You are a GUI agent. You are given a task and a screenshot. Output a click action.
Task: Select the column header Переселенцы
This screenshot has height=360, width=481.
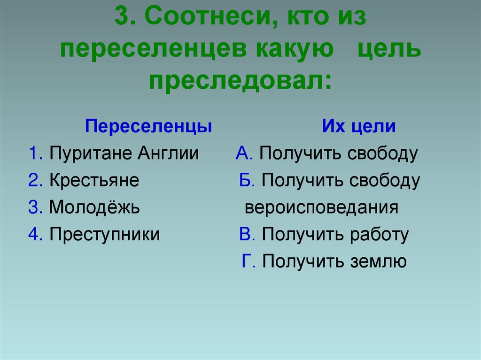tap(148, 127)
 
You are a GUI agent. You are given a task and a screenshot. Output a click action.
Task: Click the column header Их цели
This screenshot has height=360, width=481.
tap(358, 127)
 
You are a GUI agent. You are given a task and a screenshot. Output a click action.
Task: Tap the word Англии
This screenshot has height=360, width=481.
tap(168, 154)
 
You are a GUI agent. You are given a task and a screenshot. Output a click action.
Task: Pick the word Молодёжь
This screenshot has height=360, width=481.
tap(94, 207)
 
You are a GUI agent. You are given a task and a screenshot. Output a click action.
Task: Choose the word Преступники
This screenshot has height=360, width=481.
tap(104, 234)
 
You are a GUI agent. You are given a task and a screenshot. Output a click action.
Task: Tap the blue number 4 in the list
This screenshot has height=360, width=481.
tap(34, 234)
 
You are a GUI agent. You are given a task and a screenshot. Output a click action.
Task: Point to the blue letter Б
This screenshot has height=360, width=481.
tap(245, 181)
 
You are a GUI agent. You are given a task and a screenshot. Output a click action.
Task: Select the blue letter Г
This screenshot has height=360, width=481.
tap(247, 261)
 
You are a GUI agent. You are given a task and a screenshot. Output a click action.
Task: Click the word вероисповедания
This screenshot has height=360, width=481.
tap(321, 207)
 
